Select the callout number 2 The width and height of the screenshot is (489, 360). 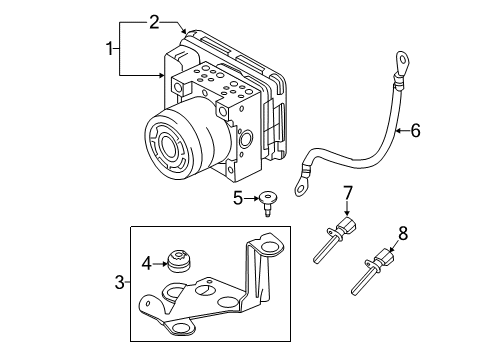154,21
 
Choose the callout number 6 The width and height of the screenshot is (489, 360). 415,129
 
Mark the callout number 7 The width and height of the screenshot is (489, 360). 349,191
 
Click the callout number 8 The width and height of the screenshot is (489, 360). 403,232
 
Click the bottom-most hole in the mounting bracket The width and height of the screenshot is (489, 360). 184,326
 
